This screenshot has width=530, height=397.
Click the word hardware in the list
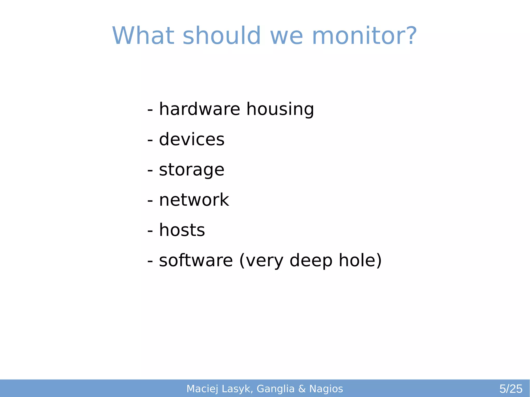coord(200,109)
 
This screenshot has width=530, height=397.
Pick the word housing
coord(280,109)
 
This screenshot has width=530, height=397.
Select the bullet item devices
coord(192,139)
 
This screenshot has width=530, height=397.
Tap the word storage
coord(192,170)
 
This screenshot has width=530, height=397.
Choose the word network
coord(194,200)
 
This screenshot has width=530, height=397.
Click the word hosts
coord(182,230)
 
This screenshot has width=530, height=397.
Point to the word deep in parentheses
coord(311,261)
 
